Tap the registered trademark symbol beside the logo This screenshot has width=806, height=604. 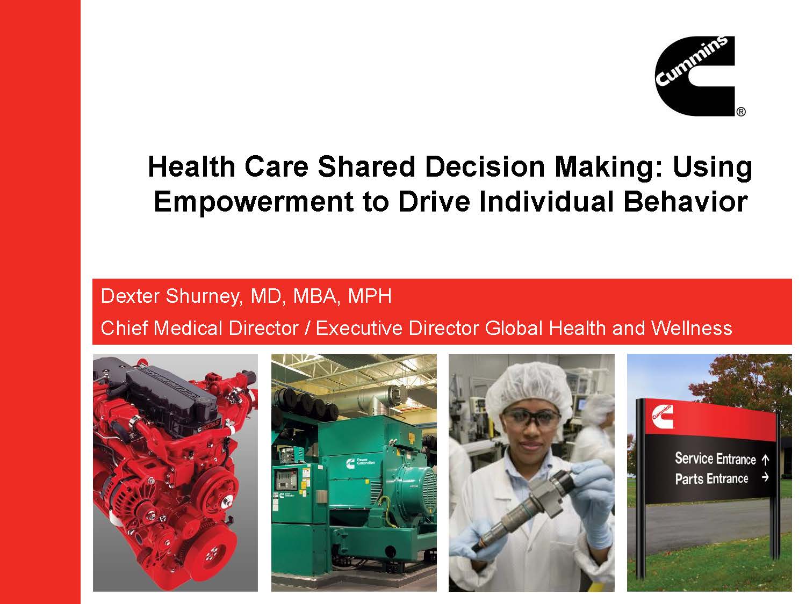coord(740,112)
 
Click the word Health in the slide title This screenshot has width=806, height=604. coord(191,167)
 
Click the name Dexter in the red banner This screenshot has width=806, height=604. coord(131,296)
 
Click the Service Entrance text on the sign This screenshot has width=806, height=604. coord(715,459)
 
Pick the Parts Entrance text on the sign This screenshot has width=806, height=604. coord(711,478)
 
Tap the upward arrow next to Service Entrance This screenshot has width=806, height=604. coord(766,460)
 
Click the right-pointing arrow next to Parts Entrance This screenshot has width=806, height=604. coord(765,477)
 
